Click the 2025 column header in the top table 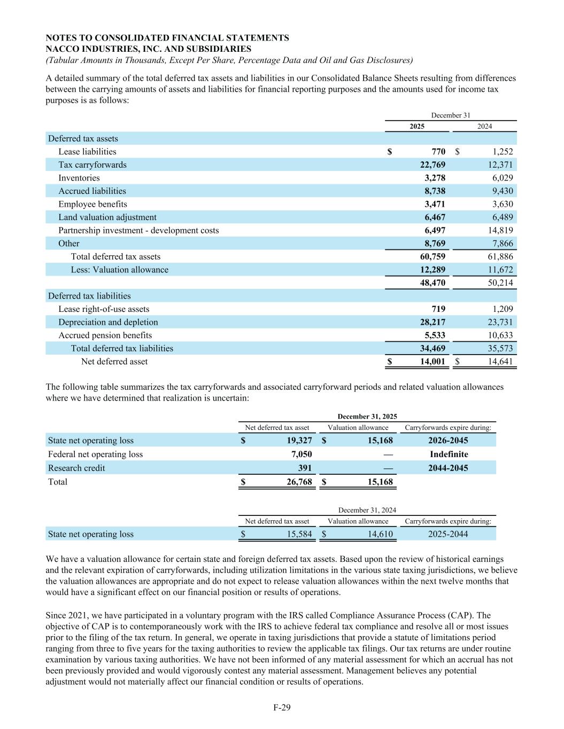(x=417, y=127)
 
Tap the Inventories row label (x=79, y=178)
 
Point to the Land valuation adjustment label (x=107, y=217)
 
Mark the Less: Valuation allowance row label (x=120, y=270)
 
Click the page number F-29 (x=282, y=708)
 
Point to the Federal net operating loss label (x=96, y=454)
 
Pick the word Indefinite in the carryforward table (x=449, y=454)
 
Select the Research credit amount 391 (x=305, y=468)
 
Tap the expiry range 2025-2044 (x=448, y=534)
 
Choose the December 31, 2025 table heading (x=367, y=417)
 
